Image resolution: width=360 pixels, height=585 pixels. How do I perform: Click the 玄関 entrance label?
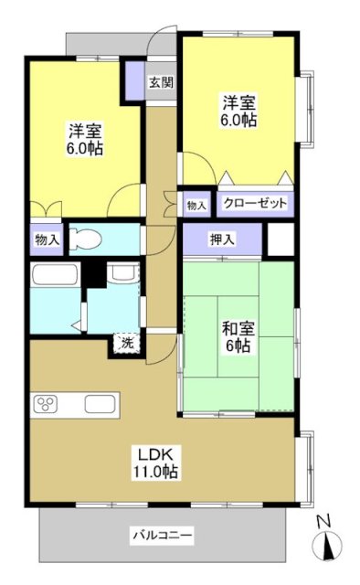coord(160,82)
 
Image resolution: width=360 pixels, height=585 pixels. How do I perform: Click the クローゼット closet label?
coord(253,204)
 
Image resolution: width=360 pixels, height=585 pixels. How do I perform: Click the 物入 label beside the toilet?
coord(47,239)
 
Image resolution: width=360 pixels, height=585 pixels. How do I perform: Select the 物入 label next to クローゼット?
coord(196,204)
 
